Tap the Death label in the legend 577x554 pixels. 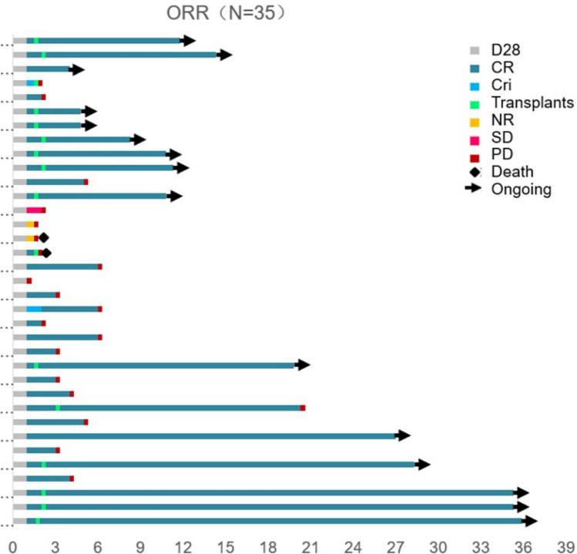(515, 171)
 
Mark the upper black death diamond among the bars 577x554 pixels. (44, 238)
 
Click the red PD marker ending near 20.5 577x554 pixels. (303, 408)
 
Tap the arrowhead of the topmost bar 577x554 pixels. (189, 40)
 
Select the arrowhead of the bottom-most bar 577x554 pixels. (529, 521)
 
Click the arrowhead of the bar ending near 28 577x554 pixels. (403, 436)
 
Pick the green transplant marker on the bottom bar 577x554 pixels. (38, 521)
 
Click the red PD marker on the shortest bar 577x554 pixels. (29, 280)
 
